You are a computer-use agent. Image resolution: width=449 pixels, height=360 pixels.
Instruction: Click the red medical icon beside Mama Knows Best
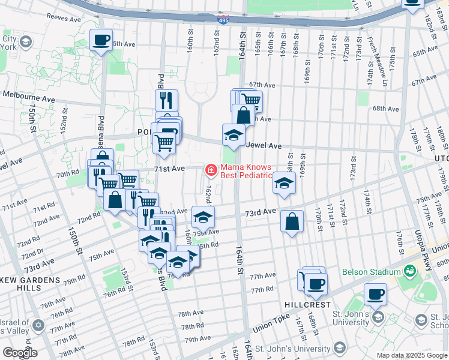pyautogui.click(x=211, y=171)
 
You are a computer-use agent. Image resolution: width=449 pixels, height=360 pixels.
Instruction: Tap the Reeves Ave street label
pyautogui.click(x=63, y=19)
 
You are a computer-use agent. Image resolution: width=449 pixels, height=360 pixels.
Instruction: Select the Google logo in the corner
pyautogui.click(x=20, y=353)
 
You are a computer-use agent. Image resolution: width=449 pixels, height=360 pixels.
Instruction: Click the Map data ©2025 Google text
pyautogui.click(x=411, y=355)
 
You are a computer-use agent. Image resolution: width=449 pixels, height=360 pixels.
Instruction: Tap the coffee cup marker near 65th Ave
pyautogui.click(x=101, y=41)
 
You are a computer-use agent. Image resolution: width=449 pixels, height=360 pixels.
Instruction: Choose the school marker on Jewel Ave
pyautogui.click(x=234, y=136)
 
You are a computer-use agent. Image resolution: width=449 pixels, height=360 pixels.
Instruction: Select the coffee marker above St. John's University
pyautogui.click(x=376, y=294)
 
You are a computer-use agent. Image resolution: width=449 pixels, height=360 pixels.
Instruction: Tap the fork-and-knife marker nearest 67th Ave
pyautogui.click(x=166, y=100)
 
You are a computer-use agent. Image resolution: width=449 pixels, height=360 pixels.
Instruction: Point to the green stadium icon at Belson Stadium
pyautogui.click(x=410, y=271)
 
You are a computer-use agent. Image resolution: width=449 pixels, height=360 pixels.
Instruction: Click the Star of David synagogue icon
pyautogui.click(x=39, y=325)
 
